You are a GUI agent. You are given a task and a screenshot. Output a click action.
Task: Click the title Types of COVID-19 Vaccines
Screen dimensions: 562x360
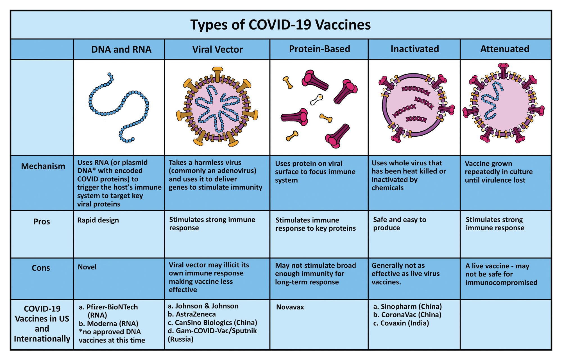(280, 25)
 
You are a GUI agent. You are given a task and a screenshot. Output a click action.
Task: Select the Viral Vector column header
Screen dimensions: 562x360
(217, 49)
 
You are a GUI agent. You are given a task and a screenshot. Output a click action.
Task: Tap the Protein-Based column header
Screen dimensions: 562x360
(319, 49)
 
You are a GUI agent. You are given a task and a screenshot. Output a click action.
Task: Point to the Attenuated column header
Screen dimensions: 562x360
(505, 49)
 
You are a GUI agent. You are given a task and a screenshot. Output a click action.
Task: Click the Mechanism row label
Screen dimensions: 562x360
(43, 166)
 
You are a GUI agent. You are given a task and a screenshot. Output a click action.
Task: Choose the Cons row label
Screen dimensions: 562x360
(41, 268)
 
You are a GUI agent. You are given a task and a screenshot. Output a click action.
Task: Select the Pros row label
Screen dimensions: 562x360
(42, 222)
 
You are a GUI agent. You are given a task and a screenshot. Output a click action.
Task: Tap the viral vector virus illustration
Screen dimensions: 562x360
(217, 107)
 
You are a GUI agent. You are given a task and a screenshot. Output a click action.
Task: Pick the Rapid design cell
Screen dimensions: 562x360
(98, 220)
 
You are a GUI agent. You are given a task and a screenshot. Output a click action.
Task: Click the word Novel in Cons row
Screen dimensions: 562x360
(87, 267)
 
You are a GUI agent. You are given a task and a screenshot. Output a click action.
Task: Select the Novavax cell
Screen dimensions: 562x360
(290, 307)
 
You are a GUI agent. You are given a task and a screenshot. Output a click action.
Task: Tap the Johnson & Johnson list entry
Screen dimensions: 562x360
(203, 306)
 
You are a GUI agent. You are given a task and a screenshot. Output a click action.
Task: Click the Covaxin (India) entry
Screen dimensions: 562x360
(401, 323)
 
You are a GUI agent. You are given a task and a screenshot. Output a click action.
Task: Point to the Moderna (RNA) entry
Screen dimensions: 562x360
(108, 324)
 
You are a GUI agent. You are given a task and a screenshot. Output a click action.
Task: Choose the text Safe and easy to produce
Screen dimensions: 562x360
(400, 224)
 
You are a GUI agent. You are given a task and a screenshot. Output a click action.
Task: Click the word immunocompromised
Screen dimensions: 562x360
(501, 283)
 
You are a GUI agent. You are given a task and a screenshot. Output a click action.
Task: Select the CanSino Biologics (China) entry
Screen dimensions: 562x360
(212, 323)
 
